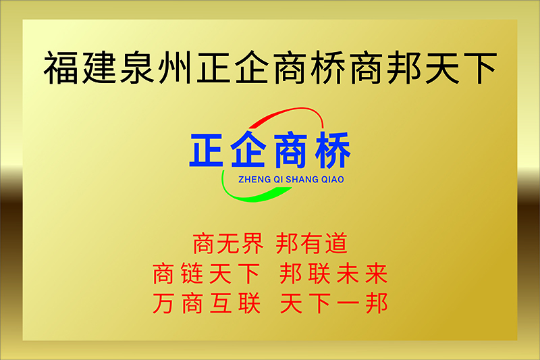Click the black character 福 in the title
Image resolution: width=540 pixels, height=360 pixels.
click(61, 68)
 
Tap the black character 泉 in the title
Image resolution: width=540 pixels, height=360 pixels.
click(137, 68)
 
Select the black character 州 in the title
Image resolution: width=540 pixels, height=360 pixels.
click(175, 68)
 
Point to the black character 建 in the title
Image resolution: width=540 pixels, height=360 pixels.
click(99, 68)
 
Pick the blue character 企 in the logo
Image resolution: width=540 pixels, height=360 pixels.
click(248, 149)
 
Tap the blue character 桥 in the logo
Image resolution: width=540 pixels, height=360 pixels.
click(333, 150)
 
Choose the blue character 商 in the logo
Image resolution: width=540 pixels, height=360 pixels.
click(290, 150)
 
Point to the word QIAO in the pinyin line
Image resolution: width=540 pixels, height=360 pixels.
click(333, 180)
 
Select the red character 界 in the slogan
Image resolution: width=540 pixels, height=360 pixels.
click(252, 244)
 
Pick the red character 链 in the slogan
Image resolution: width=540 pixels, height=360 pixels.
click(192, 274)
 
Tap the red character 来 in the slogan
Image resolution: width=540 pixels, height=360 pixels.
click(377, 274)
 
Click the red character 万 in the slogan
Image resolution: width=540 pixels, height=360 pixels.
click(163, 303)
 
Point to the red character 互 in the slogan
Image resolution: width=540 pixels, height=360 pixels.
click(221, 303)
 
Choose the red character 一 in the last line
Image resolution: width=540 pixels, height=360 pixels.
click(348, 304)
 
